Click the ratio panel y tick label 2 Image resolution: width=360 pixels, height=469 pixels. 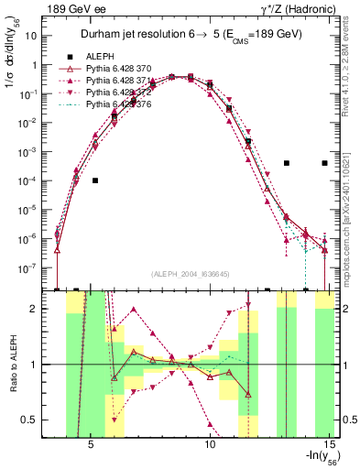click(40, 309)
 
